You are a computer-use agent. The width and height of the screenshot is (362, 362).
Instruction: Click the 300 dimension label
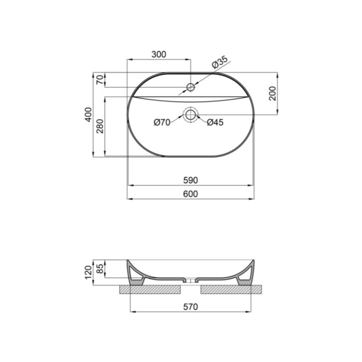(159, 54)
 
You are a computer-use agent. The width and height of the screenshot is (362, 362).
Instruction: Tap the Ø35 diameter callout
(220, 62)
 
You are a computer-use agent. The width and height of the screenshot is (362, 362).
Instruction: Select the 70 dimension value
(100, 80)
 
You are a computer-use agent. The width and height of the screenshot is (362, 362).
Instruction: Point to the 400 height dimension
(88, 115)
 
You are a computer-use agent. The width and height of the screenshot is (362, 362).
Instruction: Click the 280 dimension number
(100, 126)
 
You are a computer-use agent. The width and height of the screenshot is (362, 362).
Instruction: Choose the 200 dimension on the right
(273, 94)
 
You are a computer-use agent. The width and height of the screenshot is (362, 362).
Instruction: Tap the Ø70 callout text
(162, 122)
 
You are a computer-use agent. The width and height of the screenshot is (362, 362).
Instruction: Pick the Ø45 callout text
(215, 122)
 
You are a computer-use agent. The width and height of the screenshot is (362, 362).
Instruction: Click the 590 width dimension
(191, 180)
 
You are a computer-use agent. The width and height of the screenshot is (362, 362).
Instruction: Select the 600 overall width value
(191, 194)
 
